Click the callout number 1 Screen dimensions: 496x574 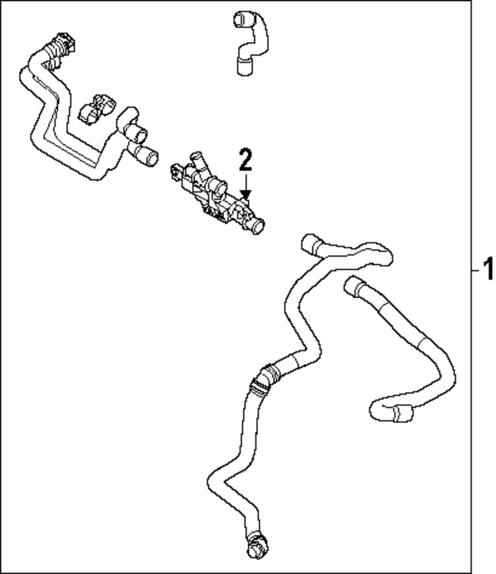click(488, 270)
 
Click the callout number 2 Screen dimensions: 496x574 click(246, 160)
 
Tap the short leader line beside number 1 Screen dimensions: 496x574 click(475, 270)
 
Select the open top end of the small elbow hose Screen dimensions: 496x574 click(240, 19)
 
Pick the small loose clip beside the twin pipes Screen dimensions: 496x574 click(96, 109)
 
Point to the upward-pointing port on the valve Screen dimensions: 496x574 click(197, 159)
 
